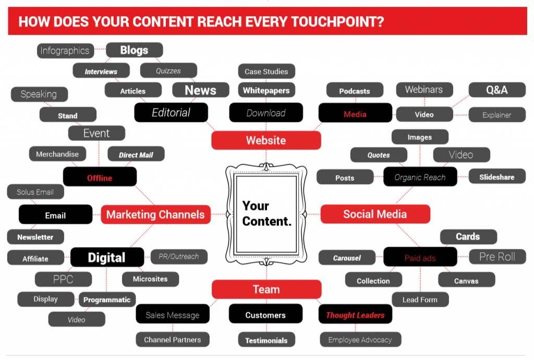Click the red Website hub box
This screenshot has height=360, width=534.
[x=266, y=140]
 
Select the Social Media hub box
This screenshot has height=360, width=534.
[x=375, y=214]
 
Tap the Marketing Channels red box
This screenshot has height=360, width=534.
[x=155, y=214]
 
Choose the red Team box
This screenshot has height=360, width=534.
[x=266, y=290]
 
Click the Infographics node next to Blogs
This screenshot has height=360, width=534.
[x=65, y=51]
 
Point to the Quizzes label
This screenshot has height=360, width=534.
[x=168, y=70]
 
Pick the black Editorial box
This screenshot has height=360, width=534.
[x=171, y=113]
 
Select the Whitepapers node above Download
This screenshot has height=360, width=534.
[x=266, y=90]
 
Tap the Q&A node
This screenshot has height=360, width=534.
[x=497, y=90]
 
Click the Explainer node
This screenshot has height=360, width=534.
[x=497, y=115]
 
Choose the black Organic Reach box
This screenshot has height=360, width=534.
[x=420, y=177]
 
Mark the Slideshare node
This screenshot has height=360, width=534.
[x=497, y=177]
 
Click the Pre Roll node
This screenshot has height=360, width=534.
[x=497, y=257]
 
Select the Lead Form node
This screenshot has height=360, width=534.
[x=420, y=299]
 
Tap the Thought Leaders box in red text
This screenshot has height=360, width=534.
[x=355, y=315]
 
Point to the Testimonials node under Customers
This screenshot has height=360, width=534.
[x=266, y=340]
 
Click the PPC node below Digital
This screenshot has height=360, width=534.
[x=63, y=279]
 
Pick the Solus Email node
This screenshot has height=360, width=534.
[x=35, y=192]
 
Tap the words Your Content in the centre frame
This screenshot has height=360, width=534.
[x=266, y=213]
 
